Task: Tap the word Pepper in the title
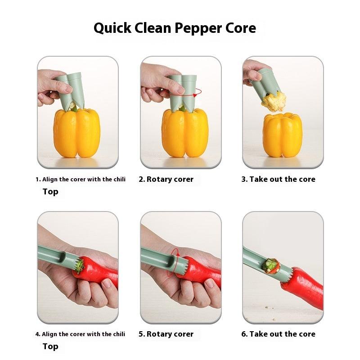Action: (x=198, y=28)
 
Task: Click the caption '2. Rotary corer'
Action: (x=166, y=179)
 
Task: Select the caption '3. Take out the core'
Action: (x=278, y=179)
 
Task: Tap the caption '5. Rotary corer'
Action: (x=166, y=334)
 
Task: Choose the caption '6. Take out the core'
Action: (x=278, y=334)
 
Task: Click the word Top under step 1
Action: (x=50, y=192)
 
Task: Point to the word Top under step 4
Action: (x=50, y=346)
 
